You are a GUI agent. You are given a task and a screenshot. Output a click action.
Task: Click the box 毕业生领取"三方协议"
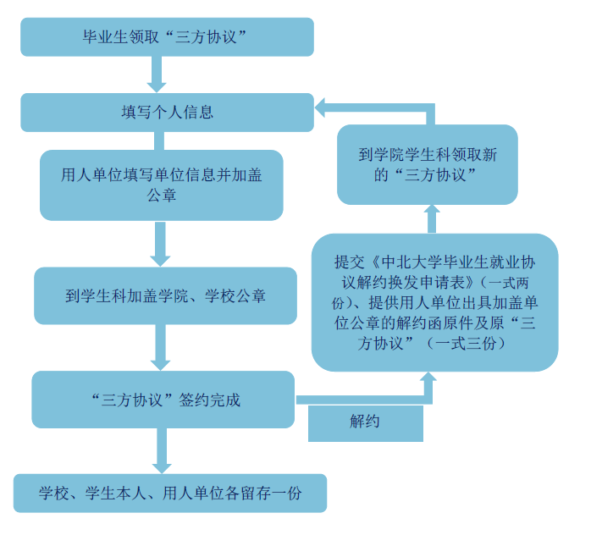coord(167,36)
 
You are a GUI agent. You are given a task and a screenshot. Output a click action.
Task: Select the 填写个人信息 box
coord(167,112)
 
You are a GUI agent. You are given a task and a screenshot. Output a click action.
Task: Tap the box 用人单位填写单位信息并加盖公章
coord(161,185)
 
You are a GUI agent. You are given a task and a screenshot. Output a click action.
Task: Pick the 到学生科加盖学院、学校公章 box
coord(165,296)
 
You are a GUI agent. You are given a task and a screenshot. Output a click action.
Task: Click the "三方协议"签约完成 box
coord(162,400)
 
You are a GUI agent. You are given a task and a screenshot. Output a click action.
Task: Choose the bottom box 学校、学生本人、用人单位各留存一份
coord(169,493)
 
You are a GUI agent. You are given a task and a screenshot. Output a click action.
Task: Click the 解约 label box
coord(365,422)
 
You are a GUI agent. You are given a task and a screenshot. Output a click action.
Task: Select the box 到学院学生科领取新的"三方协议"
coord(427,164)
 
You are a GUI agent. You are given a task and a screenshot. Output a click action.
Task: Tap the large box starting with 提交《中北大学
coord(434,301)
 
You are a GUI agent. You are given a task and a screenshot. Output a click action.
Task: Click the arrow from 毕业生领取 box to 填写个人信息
coord(157,75)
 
